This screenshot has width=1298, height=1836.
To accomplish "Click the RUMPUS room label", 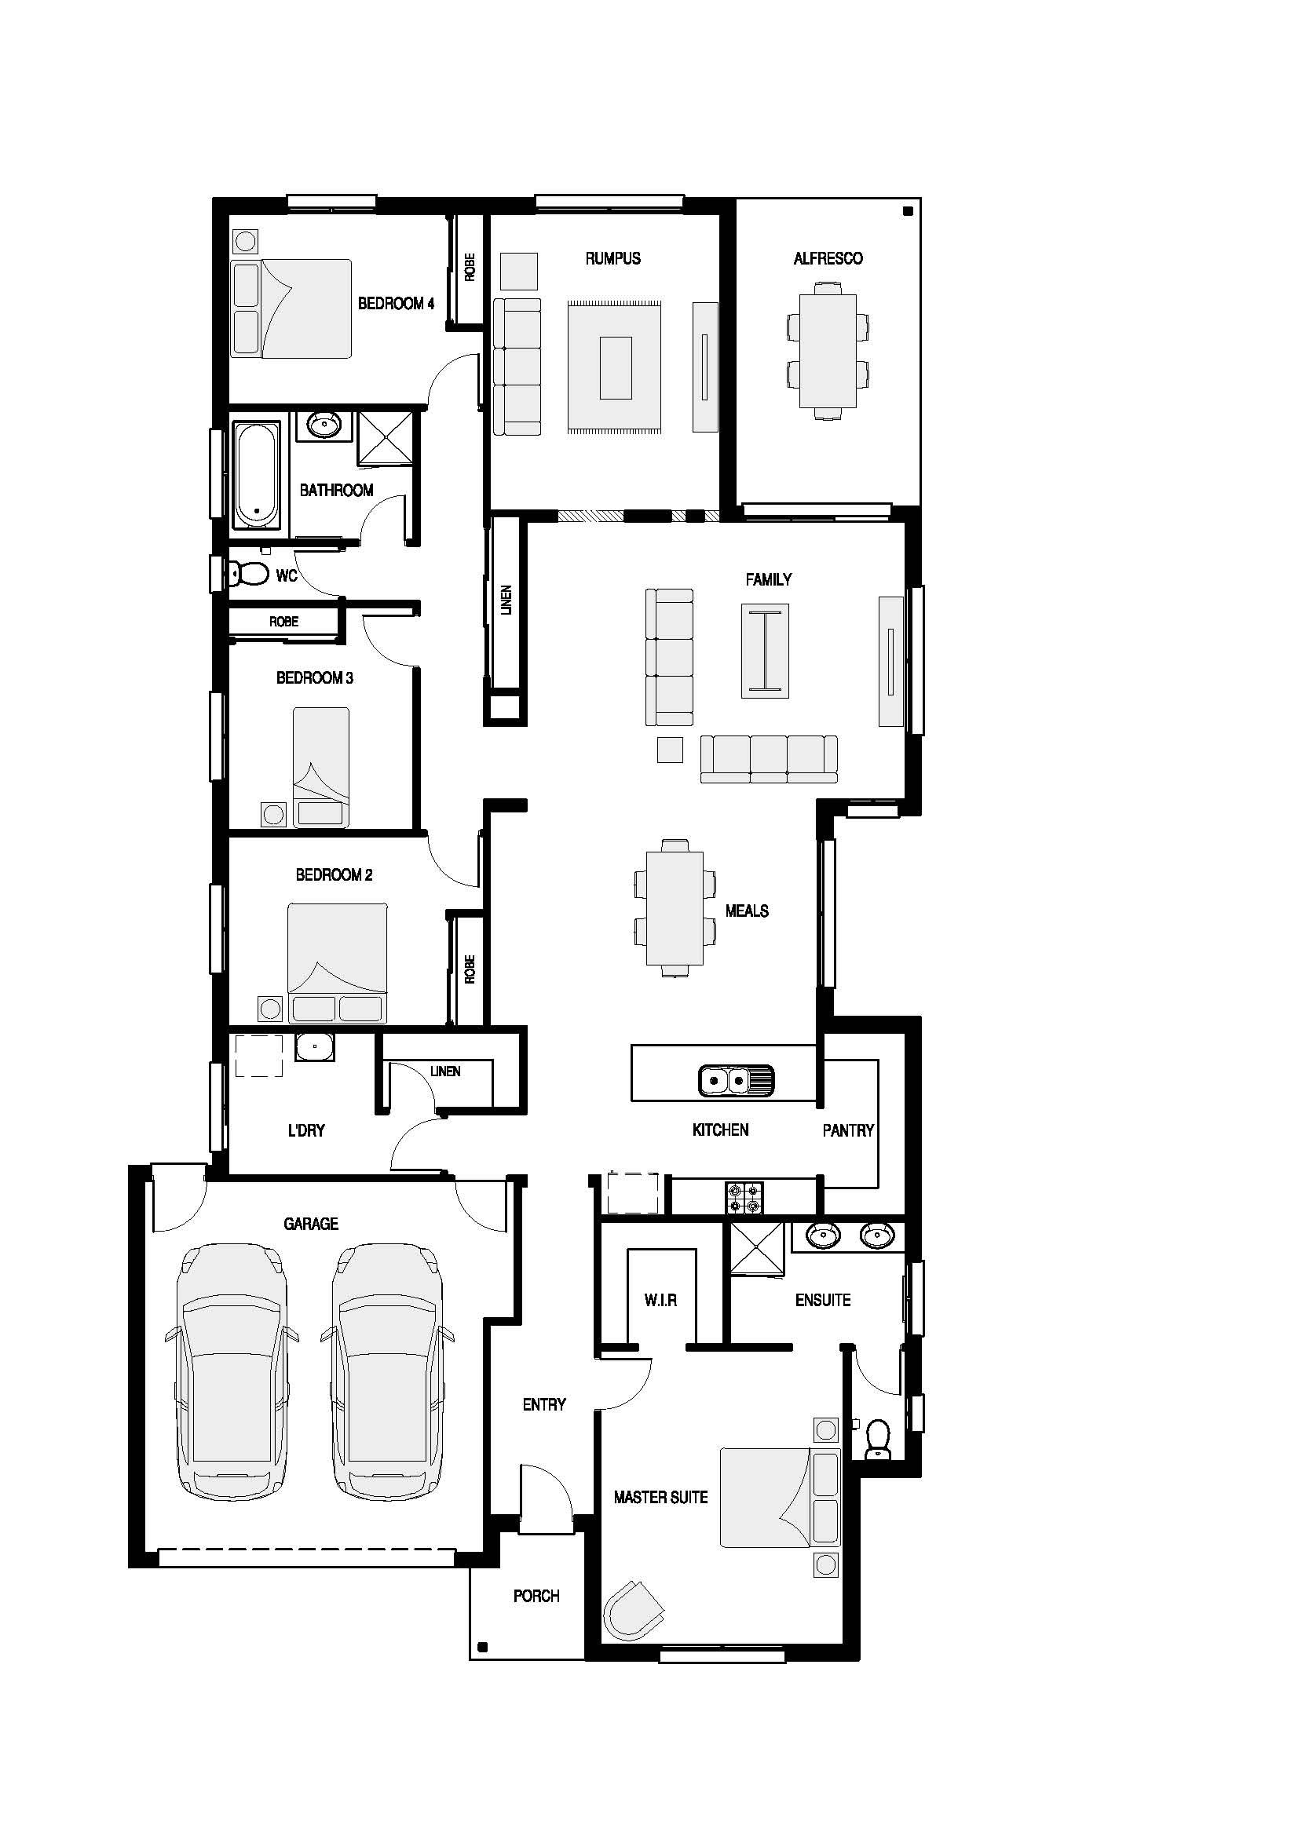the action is point(612,258).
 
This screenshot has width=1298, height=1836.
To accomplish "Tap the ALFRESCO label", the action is point(828,258).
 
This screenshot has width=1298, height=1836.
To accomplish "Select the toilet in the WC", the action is point(249,572).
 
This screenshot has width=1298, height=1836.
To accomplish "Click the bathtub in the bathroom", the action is point(257,476).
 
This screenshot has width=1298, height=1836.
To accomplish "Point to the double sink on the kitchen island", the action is point(736,1080).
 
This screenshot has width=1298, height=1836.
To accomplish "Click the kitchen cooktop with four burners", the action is point(744,1198).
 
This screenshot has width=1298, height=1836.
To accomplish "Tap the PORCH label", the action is point(536,1596).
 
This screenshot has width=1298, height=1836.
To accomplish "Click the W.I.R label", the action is point(660,1300).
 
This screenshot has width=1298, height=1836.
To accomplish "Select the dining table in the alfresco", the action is point(828,350).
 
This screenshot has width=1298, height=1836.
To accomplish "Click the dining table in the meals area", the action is point(675,907).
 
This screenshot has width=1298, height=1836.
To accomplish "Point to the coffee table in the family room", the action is point(766,651).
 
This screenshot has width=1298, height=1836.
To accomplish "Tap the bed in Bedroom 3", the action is point(320,767).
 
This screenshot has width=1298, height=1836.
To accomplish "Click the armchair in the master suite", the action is point(634,1609).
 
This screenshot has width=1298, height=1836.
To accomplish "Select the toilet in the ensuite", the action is point(878,1440).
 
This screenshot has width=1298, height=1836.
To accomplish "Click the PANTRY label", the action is point(848,1130).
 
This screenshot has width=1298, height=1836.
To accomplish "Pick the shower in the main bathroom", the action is point(386,437).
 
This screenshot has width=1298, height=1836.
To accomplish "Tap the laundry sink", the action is point(314,1047).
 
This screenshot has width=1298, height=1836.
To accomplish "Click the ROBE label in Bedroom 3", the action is point(284,622).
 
